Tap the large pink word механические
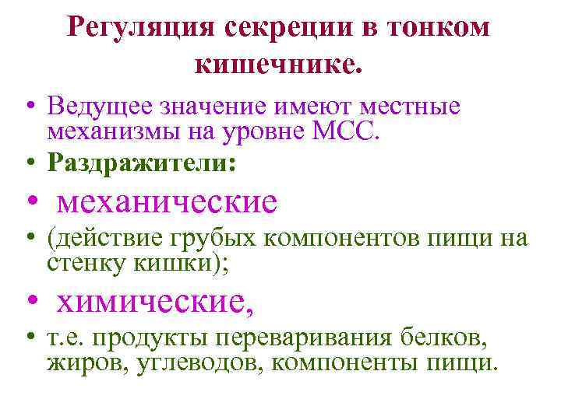coord(168,202)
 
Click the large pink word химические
coord(156,299)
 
